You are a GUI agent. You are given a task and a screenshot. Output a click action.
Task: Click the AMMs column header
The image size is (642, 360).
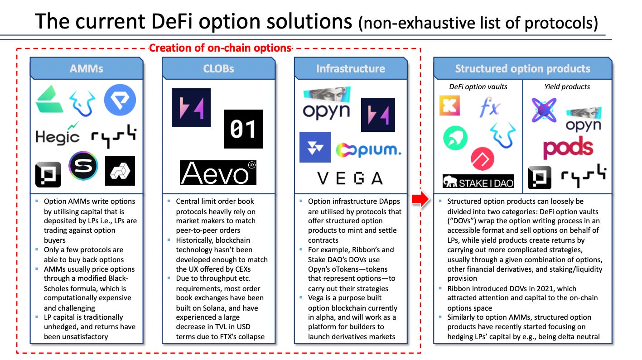click(x=86, y=68)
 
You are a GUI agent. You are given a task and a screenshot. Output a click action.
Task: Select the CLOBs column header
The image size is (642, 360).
click(x=218, y=68)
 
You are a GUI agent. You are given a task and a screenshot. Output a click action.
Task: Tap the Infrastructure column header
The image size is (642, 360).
click(x=350, y=68)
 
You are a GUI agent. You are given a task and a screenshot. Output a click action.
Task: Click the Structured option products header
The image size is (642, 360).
click(x=522, y=68)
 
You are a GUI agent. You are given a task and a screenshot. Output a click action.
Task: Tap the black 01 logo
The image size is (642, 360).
click(x=243, y=129)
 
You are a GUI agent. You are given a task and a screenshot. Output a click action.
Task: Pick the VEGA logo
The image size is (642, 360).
click(x=350, y=178)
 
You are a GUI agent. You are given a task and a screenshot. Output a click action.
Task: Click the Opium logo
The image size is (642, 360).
click(x=368, y=150)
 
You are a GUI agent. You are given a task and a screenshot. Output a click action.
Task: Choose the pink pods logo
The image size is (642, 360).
click(x=568, y=148)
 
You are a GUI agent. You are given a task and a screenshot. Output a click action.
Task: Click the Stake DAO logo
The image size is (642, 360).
click(x=478, y=182)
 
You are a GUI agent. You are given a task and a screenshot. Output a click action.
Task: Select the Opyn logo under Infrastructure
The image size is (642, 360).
click(x=326, y=106)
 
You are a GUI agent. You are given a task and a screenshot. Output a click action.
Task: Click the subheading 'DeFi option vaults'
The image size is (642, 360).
click(x=478, y=86)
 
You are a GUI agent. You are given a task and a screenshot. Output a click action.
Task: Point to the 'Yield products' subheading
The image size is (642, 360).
click(x=567, y=86)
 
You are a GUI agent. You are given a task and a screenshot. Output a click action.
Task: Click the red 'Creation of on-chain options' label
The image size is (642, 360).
click(x=220, y=48)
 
